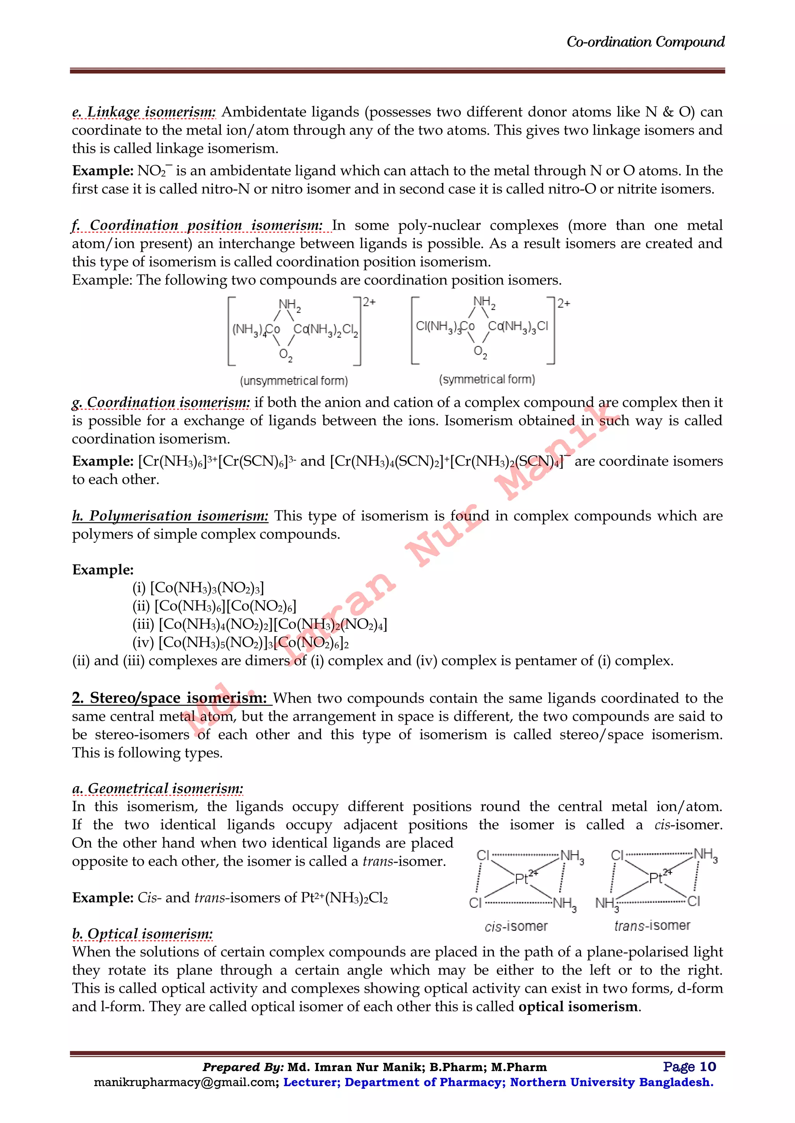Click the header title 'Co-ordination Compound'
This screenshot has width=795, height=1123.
tap(645, 42)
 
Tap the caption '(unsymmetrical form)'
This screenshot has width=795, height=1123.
tap(294, 380)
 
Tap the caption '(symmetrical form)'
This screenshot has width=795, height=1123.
tap(487, 379)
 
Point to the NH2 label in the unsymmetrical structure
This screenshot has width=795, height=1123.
tap(289, 305)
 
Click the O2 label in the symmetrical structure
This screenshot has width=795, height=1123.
tap(480, 352)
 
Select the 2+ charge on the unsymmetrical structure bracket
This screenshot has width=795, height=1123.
tap(369, 302)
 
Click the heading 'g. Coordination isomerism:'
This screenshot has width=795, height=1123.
tap(161, 403)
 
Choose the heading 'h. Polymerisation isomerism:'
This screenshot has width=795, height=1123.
tap(170, 516)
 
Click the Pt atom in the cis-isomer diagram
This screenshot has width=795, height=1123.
tap(522, 879)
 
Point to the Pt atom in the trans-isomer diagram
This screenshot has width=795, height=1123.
tap(656, 878)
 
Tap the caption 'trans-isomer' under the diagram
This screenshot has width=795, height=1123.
tap(652, 925)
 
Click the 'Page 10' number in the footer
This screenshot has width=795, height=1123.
tap(689, 1067)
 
